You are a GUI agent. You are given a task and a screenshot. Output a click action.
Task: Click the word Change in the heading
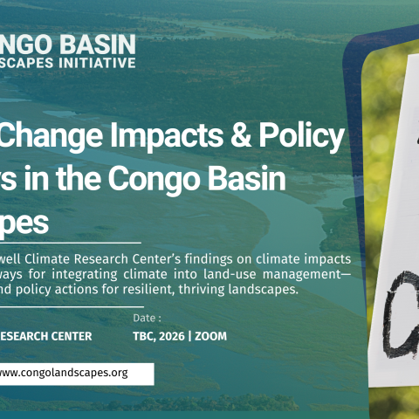pyautogui.click(x=52, y=136)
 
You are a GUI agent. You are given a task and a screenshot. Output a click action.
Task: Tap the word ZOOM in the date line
pyautogui.click(x=220, y=335)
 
